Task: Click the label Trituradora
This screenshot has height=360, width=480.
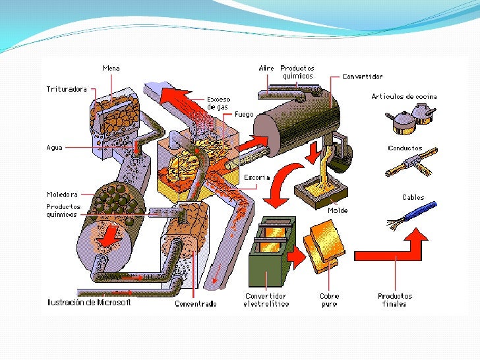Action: click(67, 89)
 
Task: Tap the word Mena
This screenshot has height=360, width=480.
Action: click(111, 68)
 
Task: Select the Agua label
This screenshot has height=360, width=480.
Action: click(54, 148)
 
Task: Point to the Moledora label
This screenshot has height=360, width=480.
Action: click(62, 195)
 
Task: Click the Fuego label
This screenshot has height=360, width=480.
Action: click(244, 114)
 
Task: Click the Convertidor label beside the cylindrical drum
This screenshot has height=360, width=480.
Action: click(362, 76)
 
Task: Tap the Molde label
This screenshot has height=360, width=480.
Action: click(338, 210)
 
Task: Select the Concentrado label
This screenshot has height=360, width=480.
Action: click(196, 304)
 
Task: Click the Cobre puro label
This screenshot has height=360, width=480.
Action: click(330, 300)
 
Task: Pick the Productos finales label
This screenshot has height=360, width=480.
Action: click(394, 300)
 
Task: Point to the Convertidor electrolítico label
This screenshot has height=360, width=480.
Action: click(266, 300)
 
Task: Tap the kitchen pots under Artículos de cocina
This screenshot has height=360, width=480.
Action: click(410, 119)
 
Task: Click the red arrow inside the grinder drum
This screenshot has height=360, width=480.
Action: click(109, 236)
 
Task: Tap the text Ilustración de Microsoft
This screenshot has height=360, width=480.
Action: click(89, 303)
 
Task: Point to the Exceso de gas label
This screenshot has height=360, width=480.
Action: click(218, 103)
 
